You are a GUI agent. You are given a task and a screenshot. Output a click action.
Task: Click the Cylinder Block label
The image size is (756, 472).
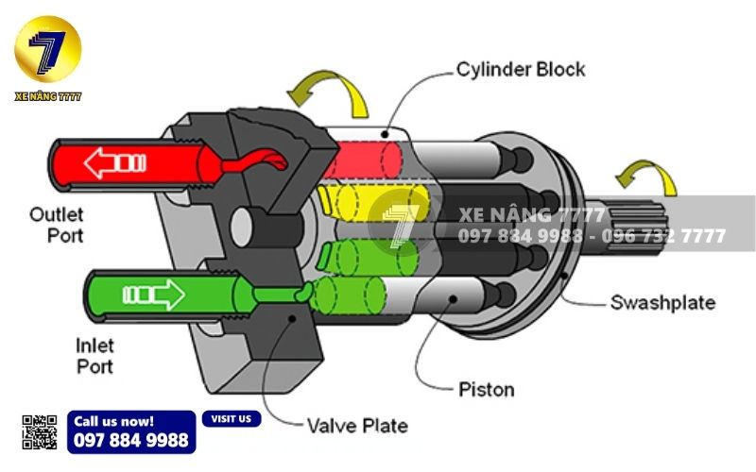(521, 69)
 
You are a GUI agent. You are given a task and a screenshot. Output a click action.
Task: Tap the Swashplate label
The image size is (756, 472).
(661, 302)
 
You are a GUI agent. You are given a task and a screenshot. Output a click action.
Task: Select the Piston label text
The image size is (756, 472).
(486, 389)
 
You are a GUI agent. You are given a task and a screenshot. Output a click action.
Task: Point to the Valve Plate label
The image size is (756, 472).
(357, 426)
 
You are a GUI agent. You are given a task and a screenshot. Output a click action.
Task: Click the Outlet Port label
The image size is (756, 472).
(57, 224)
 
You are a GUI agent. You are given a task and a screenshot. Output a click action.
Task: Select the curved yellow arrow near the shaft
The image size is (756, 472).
(646, 177)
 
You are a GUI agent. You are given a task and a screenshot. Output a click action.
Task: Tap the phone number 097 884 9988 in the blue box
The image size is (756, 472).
(130, 440)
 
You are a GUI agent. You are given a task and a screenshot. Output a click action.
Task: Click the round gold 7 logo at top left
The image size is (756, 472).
(47, 49)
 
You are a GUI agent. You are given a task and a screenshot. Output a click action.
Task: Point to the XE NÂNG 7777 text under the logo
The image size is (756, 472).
(47, 96)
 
